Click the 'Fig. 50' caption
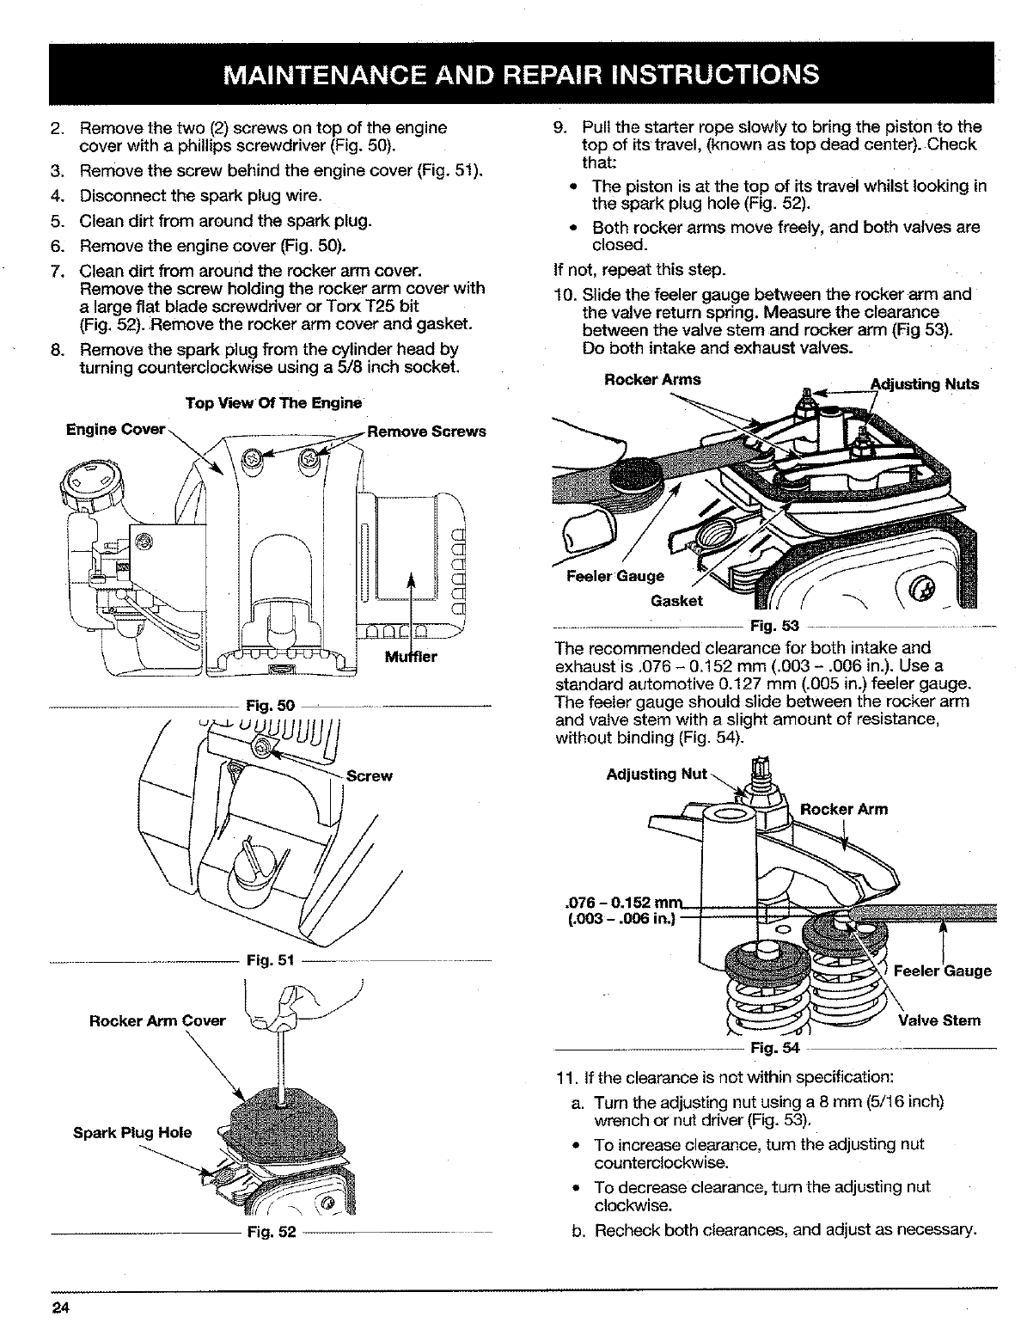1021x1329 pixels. click(x=270, y=706)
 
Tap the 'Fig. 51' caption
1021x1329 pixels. click(x=270, y=960)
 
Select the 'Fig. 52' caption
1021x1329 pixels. click(x=271, y=1232)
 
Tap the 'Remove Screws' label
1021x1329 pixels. click(x=425, y=431)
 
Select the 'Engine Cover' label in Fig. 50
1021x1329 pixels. click(x=115, y=429)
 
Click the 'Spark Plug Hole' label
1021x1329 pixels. click(x=131, y=1131)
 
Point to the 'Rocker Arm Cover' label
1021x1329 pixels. click(x=157, y=1020)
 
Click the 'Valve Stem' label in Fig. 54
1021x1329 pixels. click(x=938, y=1020)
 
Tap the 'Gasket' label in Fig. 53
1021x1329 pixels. click(x=677, y=600)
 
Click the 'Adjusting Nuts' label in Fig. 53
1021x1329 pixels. click(x=925, y=383)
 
